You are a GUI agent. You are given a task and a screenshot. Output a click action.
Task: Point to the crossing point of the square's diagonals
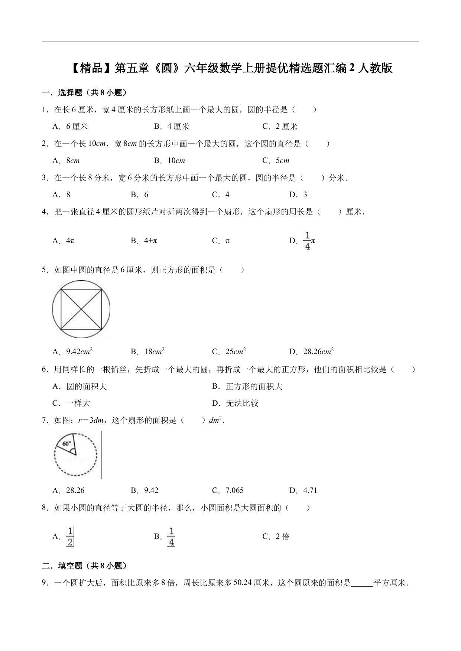[x=81, y=309]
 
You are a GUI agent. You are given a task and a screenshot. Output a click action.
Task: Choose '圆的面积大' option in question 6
[x=86, y=386]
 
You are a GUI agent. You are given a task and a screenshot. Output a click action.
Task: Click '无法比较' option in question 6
[x=242, y=403]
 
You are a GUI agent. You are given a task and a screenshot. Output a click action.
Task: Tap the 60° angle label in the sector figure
[x=66, y=444]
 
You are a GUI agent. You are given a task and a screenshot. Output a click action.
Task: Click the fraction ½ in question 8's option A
[x=70, y=537]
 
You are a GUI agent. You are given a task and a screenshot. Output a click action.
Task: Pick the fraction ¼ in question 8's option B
[x=171, y=537]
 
